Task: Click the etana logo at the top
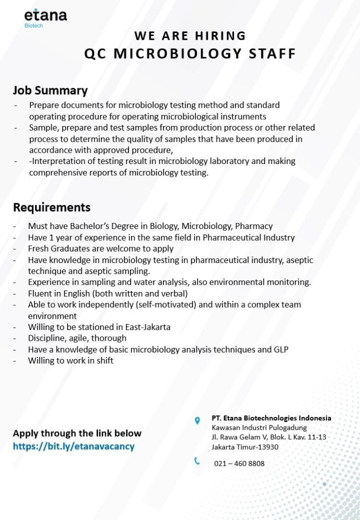45,15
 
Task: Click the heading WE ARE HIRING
190,36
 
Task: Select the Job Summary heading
50,91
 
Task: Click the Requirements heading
52,208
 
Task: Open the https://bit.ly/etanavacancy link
74,446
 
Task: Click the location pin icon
197,420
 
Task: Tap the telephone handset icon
197,461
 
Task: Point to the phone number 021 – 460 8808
239,463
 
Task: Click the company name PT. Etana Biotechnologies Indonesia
271,418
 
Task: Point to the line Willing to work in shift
71,361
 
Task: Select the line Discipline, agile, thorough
77,338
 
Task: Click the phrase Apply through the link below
77,433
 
